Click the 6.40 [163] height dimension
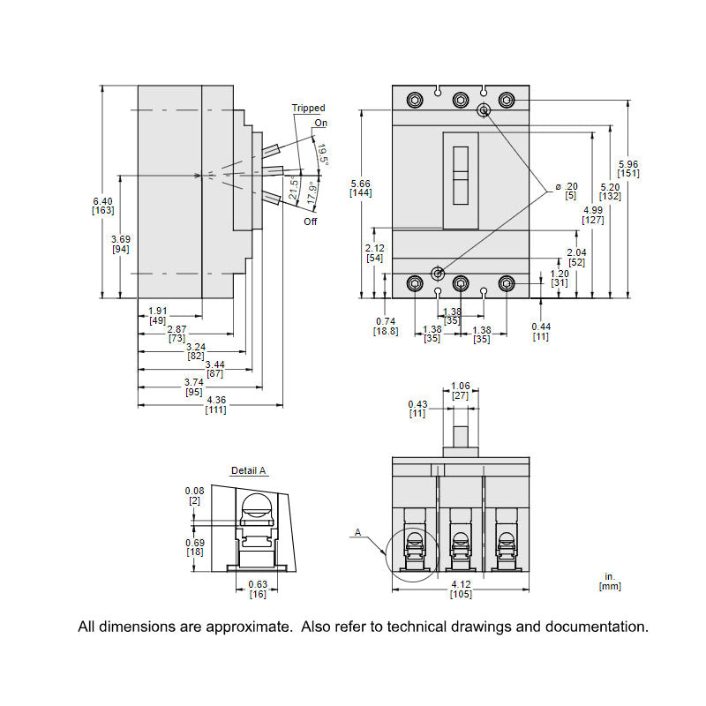coord(102,206)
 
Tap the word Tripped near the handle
coord(308,108)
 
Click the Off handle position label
coord(310,222)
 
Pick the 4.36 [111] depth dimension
coord(214,405)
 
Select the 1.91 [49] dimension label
coord(157,315)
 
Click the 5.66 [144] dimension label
coord(360,188)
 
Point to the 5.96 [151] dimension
coord(628,169)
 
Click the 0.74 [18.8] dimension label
coord(386,326)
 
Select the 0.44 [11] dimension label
coord(540,331)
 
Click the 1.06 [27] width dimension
coord(460,391)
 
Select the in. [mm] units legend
coord(609,581)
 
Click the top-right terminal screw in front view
coord(506,99)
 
